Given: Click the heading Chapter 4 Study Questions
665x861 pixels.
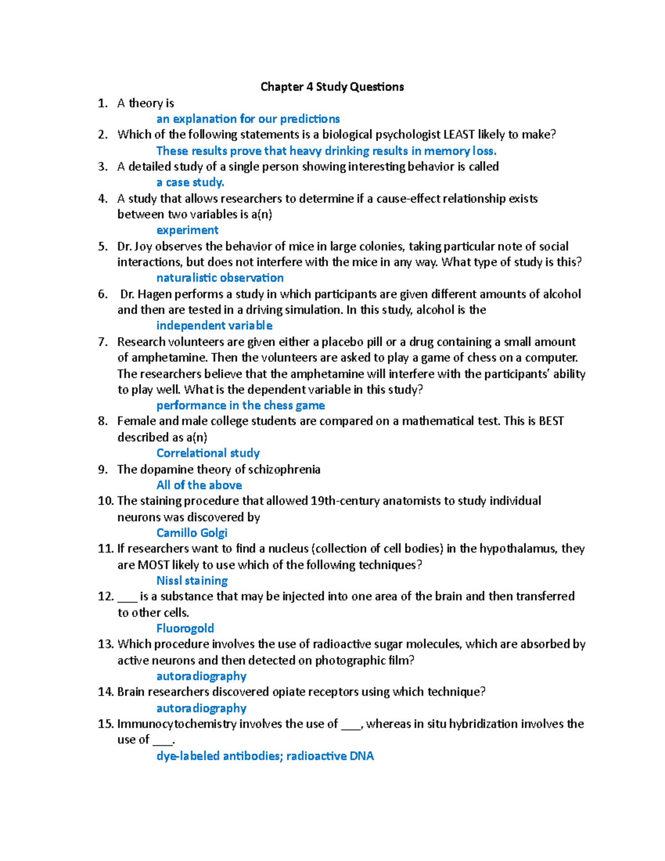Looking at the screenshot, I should [x=332, y=86].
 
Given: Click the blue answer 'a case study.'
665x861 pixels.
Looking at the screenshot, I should [x=190, y=182].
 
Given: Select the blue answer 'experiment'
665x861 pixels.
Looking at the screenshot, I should [x=187, y=230].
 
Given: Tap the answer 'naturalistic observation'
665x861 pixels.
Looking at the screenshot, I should [x=220, y=278].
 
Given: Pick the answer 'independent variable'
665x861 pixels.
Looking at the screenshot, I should [x=214, y=325].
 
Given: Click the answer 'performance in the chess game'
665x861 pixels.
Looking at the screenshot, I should [x=241, y=405].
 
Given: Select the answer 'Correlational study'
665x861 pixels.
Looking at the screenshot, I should [x=208, y=453].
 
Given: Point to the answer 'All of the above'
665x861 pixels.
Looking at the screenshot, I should [x=199, y=485].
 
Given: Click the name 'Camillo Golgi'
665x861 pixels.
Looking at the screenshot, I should [x=192, y=533].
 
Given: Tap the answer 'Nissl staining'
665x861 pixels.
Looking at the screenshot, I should [x=192, y=580].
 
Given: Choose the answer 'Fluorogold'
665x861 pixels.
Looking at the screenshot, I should [x=185, y=628].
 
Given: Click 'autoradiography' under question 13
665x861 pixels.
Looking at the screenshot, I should [x=201, y=676].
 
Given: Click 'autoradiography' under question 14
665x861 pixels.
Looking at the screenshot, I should [x=201, y=708].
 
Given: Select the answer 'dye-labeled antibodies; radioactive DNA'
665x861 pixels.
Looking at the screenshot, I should [x=265, y=756].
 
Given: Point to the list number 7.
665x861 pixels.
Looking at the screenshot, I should [x=103, y=342].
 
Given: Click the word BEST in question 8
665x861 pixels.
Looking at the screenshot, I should [x=551, y=421].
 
